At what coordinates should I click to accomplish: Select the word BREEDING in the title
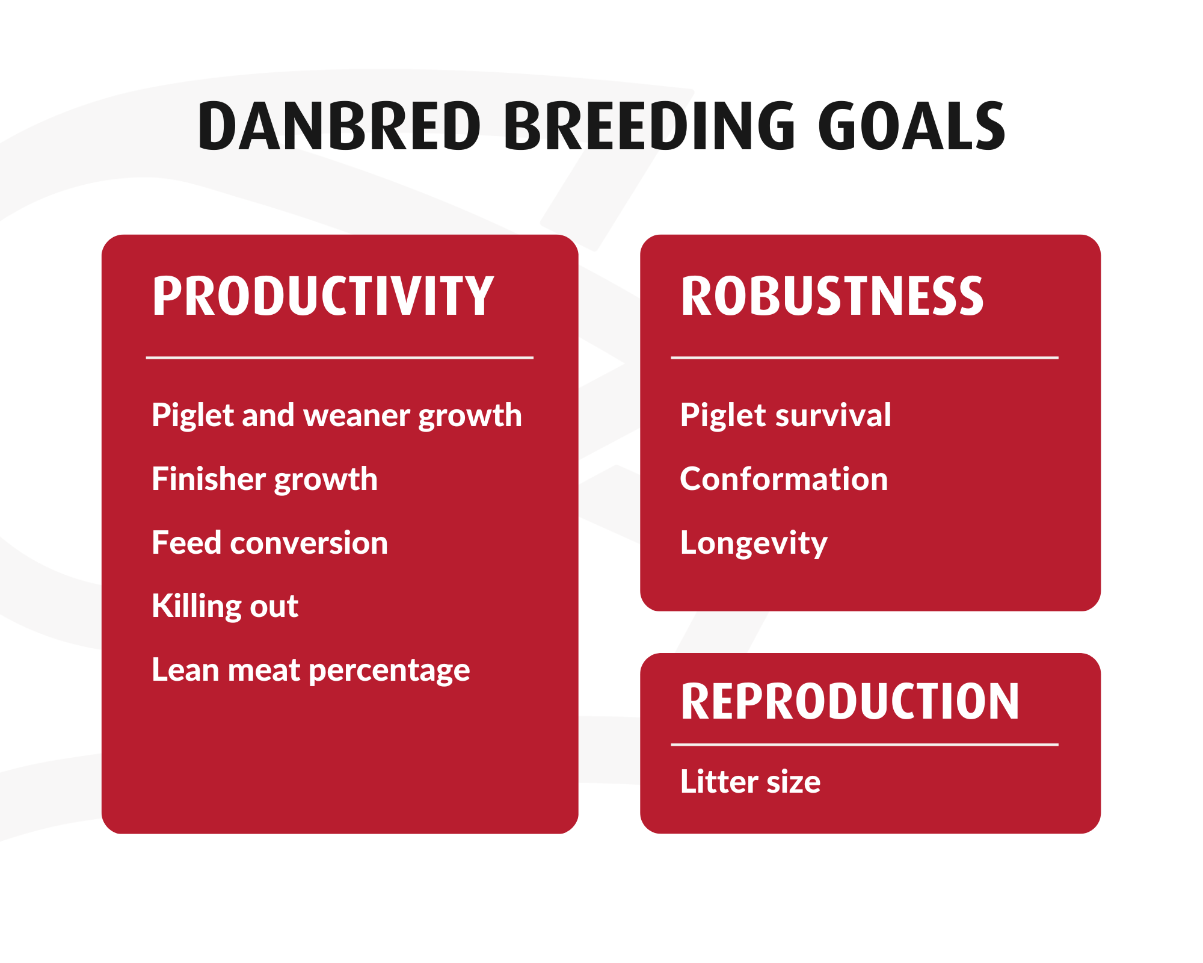(650, 126)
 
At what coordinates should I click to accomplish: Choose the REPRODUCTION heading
(850, 701)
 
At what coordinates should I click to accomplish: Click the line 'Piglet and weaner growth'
(337, 415)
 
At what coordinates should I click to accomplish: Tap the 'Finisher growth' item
(265, 479)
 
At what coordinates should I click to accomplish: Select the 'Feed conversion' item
(269, 543)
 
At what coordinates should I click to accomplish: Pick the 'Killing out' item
(225, 606)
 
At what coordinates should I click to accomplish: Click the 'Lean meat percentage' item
(310, 670)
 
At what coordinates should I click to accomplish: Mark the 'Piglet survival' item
(786, 415)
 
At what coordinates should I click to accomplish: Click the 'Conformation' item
(784, 479)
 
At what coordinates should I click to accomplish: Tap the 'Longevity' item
(754, 543)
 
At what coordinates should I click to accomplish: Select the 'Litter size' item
(750, 782)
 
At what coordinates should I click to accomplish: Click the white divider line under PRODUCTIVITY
(340, 358)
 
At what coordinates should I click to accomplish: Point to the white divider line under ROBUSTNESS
(864, 358)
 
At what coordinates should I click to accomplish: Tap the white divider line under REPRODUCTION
(864, 745)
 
